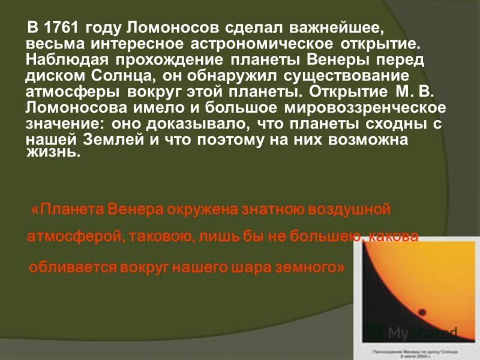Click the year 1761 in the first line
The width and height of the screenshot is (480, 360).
[64, 28]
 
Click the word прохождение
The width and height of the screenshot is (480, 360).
[180, 61]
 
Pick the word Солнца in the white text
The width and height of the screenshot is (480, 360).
[112, 77]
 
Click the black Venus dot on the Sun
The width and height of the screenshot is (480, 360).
[421, 313]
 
